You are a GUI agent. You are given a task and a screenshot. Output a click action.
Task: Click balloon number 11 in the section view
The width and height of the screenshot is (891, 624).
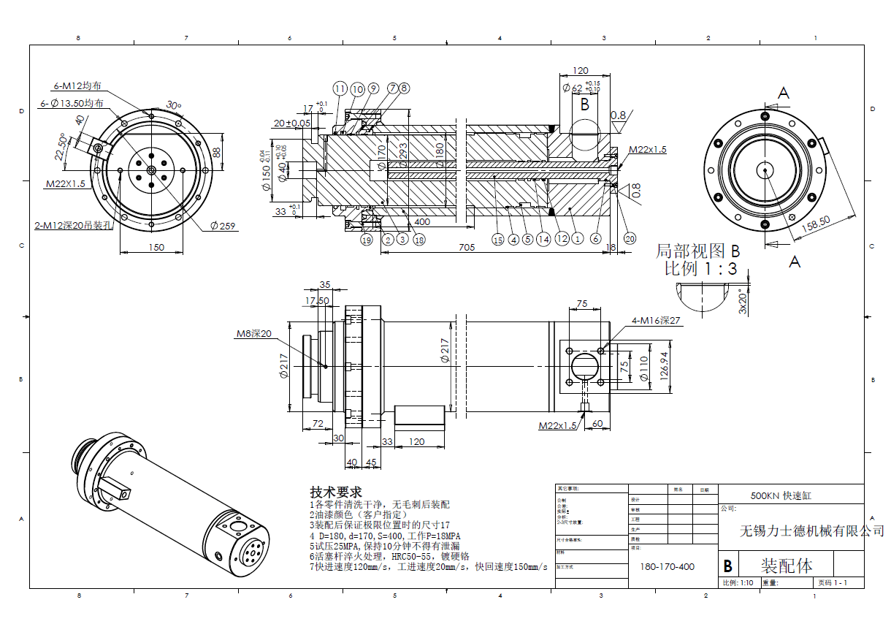point(340,88)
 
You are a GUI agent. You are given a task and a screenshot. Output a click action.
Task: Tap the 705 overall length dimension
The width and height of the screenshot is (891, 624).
point(467,248)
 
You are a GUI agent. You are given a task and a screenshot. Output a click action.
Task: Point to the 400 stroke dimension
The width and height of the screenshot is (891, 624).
point(421,221)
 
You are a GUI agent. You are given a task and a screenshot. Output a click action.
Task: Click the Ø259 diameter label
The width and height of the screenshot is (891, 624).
point(223,226)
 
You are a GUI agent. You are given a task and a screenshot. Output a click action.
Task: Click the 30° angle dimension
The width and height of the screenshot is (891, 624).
point(173,104)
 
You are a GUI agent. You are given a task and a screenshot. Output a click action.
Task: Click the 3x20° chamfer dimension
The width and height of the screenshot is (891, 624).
point(743,300)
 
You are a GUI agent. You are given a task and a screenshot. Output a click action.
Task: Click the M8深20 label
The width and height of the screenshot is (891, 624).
point(253,333)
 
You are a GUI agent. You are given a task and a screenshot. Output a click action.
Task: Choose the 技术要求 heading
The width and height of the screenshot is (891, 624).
point(335,492)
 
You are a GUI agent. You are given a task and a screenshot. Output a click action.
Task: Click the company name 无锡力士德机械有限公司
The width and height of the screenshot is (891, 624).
point(811,530)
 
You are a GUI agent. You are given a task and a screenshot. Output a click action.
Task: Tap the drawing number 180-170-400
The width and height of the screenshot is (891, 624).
point(667,566)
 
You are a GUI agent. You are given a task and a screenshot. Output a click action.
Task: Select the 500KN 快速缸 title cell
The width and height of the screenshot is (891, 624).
point(781,495)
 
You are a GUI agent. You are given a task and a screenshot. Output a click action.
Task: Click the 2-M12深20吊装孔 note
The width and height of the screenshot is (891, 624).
point(74,225)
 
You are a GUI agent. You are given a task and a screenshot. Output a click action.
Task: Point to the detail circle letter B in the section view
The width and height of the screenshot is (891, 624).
point(584,105)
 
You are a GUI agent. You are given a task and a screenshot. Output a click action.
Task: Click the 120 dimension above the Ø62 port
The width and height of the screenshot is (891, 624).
point(580,71)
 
